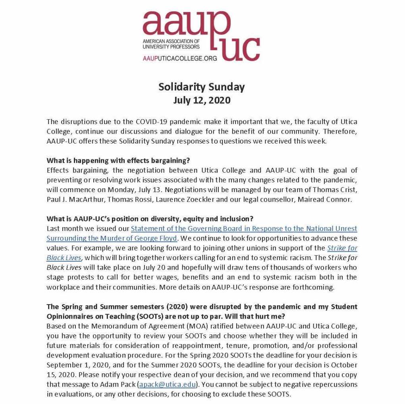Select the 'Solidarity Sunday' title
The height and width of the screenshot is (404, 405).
click(x=202, y=87)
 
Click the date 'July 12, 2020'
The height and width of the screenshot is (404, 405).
click(x=202, y=100)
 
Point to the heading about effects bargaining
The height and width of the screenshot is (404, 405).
click(x=118, y=161)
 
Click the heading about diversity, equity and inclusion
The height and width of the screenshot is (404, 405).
click(x=150, y=219)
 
